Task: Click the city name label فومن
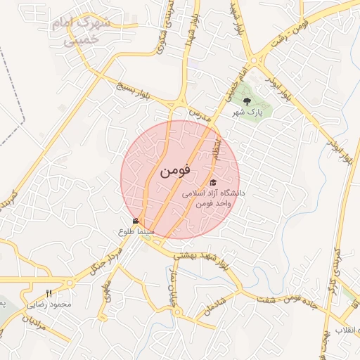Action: (x=175, y=171)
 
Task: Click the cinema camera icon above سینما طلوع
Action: (x=136, y=221)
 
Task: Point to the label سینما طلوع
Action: (x=133, y=231)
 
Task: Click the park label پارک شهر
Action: (x=247, y=112)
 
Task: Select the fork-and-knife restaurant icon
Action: (x=49, y=293)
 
